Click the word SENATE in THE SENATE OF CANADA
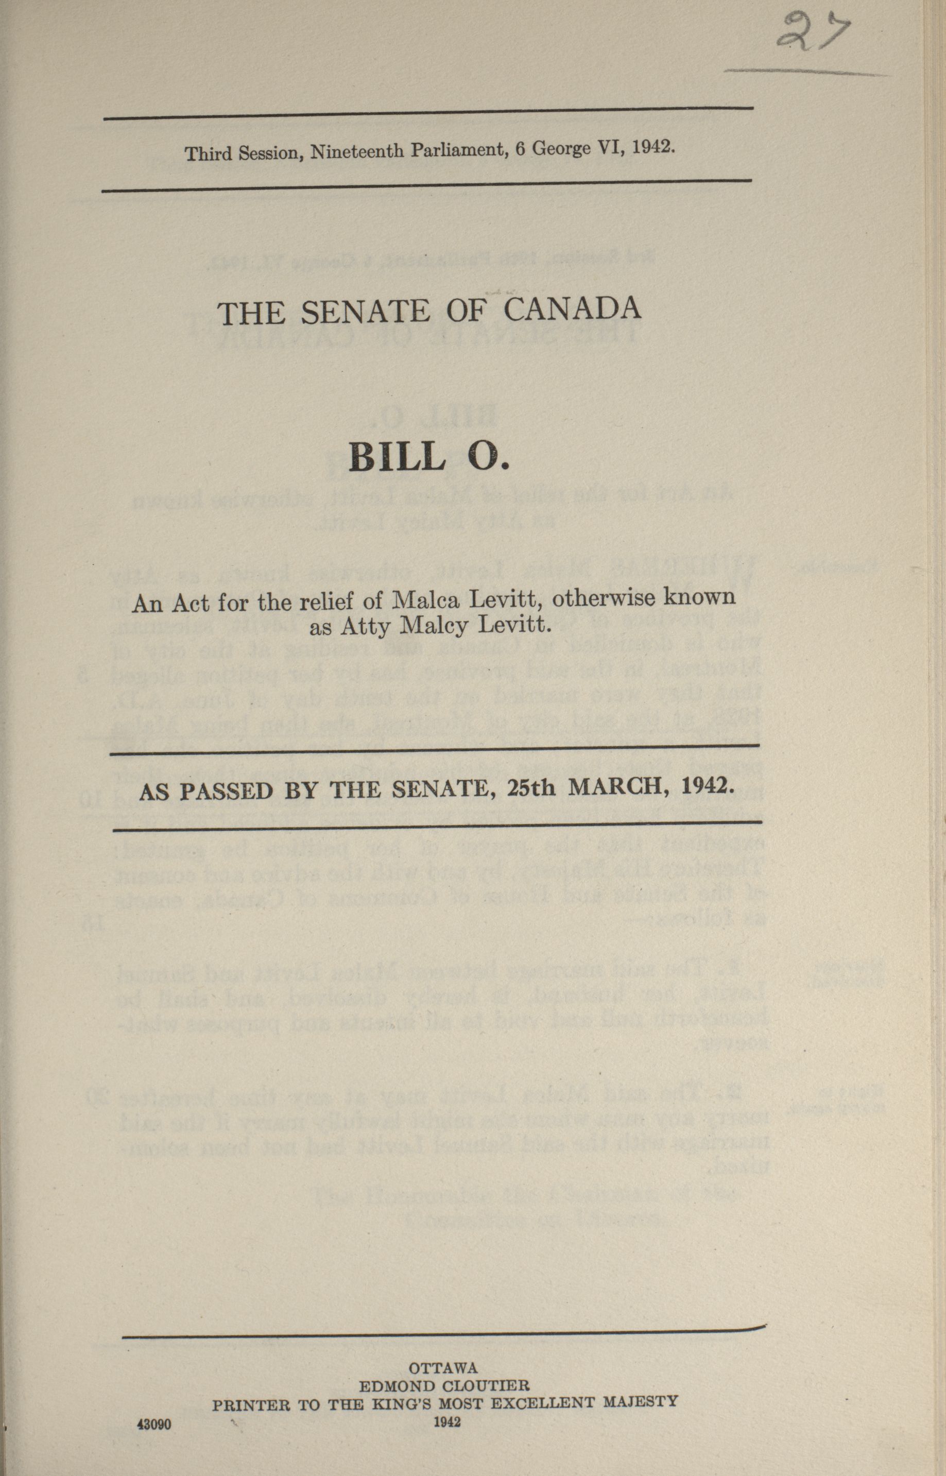[x=366, y=312]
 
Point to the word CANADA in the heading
[x=573, y=309]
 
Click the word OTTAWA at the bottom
[x=443, y=1346]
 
